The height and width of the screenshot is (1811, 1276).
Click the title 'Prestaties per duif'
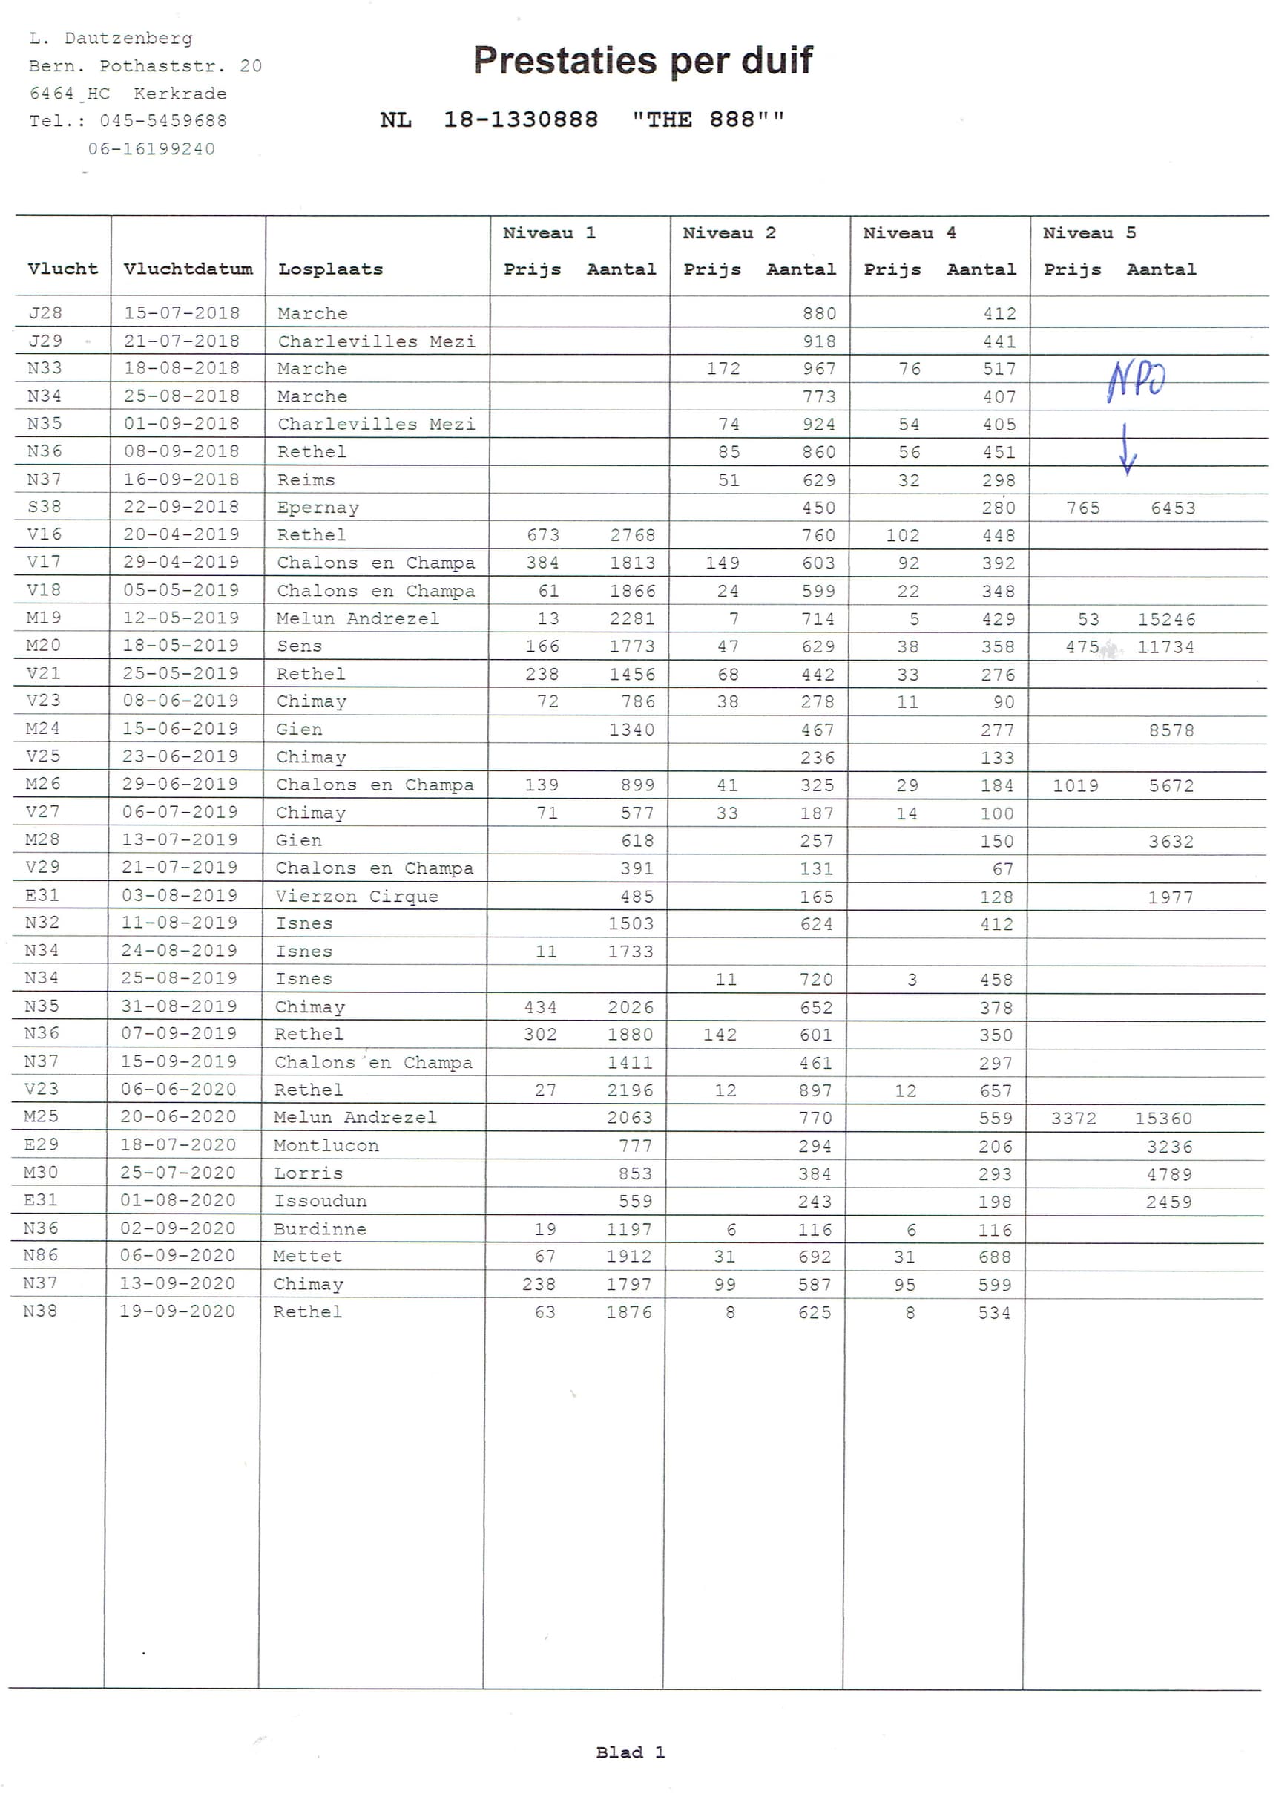[642, 61]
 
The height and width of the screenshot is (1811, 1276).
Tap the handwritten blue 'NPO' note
[1136, 379]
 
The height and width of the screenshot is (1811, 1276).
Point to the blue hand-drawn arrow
[1127, 449]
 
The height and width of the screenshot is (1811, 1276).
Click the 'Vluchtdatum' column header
[188, 269]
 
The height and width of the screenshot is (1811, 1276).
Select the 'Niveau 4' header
[909, 233]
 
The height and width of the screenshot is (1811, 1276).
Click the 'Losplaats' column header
[330, 269]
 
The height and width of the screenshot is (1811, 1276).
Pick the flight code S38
[45, 506]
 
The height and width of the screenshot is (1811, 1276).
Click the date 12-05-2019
[180, 618]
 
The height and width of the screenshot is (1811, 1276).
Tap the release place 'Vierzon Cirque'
[356, 896]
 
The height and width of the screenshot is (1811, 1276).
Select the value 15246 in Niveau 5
[1165, 619]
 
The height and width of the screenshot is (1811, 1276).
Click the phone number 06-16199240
[151, 149]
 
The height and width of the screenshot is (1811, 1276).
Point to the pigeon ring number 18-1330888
[521, 120]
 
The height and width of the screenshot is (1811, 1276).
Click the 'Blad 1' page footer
[630, 1752]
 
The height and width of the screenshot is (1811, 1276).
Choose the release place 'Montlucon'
[326, 1145]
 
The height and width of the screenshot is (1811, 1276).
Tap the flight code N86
[40, 1255]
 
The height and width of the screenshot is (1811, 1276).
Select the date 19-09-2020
[177, 1311]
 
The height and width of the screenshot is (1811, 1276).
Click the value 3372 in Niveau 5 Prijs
[1073, 1119]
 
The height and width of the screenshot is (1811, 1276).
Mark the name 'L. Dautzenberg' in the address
[111, 38]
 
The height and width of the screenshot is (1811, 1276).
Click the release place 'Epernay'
[318, 507]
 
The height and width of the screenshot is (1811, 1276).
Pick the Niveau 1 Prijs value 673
[543, 535]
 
